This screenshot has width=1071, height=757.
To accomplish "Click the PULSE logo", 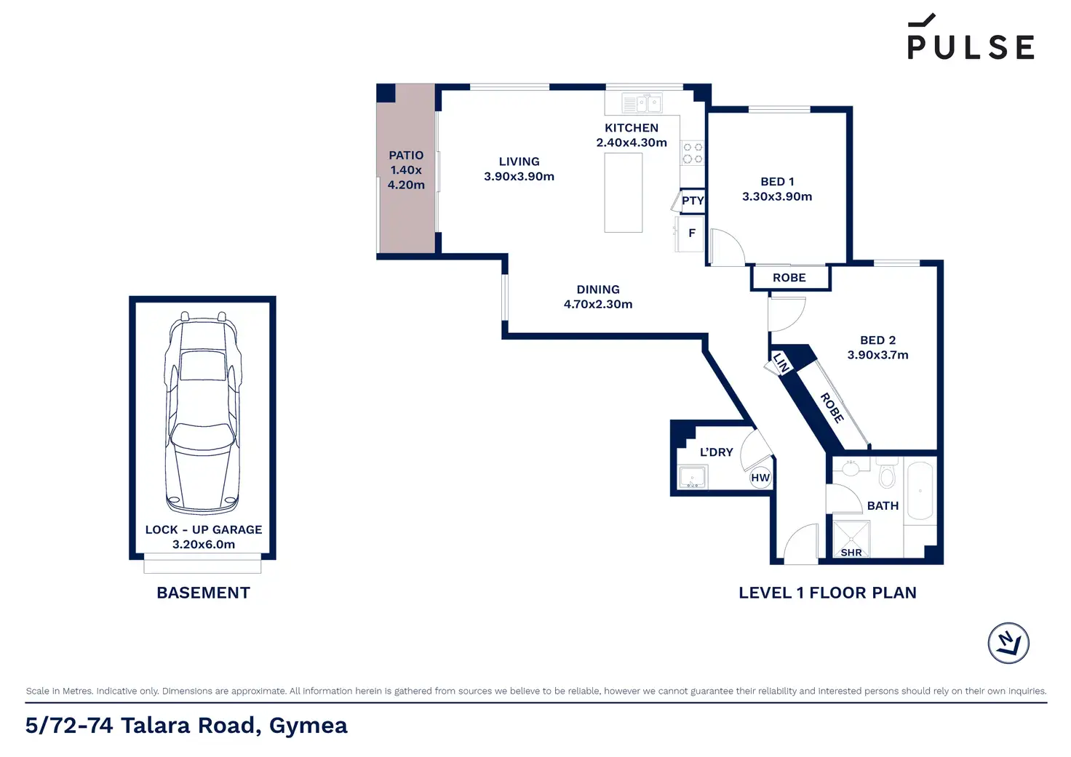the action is point(971,37).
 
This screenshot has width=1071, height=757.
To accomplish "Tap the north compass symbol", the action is point(1008,643).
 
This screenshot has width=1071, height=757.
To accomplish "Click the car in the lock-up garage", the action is point(202,412).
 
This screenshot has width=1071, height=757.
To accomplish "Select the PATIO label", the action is point(406,156).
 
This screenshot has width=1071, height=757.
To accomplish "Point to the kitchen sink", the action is point(642,103).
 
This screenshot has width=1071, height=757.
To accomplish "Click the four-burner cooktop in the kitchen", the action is point(693,153).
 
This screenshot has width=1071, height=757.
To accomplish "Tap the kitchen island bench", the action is point(623,193).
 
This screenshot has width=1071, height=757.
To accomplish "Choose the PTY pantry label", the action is point(693,201).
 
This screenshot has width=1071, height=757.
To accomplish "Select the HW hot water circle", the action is point(760,478).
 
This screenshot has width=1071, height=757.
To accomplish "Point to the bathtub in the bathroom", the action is point(920,490).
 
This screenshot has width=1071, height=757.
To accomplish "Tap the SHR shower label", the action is point(851,553).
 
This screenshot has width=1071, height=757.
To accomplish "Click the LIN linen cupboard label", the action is point(781,363).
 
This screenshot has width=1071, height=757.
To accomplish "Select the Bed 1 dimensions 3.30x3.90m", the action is point(777,196).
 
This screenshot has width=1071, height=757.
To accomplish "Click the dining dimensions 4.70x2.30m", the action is point(597,304).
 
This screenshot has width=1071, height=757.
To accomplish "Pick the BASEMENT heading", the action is point(203,593).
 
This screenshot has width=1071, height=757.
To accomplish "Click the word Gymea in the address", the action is point(308,726).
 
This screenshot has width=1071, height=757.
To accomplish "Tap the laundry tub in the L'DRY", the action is point(693,477).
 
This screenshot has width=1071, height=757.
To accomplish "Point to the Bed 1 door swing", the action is point(727,247).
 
